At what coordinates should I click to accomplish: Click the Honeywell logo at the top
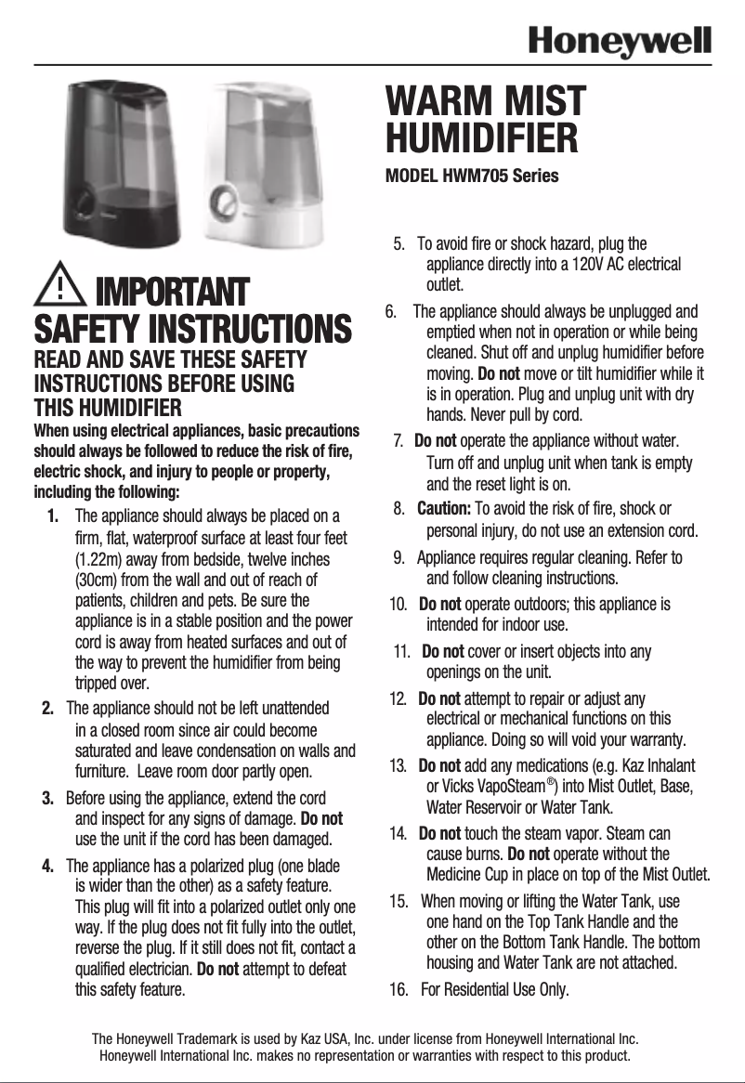pyautogui.click(x=620, y=42)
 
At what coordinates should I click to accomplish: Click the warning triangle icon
pyautogui.click(x=59, y=288)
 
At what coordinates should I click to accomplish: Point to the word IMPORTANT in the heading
pyautogui.click(x=173, y=292)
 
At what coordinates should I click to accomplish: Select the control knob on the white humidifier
pyautogui.click(x=226, y=200)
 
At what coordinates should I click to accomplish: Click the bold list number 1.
pyautogui.click(x=52, y=515)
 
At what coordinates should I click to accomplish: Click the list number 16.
pyautogui.click(x=399, y=989)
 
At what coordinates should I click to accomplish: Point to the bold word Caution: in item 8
pyautogui.click(x=444, y=509)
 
